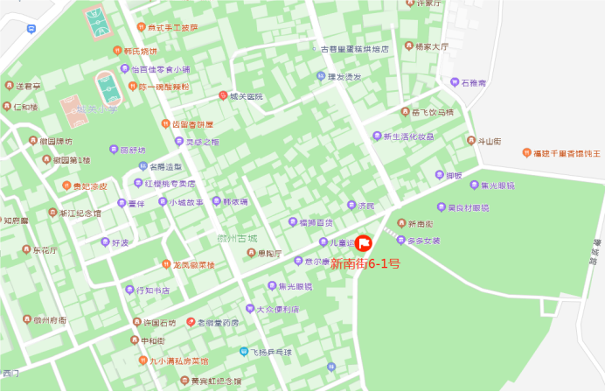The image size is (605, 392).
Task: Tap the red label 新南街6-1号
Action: point(365,262)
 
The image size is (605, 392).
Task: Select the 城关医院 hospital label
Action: point(246,96)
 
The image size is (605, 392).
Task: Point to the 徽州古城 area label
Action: point(238,238)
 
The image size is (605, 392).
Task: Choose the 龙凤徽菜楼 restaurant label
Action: point(193,263)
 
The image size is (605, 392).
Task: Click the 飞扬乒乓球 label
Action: point(269,352)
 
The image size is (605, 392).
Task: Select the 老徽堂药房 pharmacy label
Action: point(217,323)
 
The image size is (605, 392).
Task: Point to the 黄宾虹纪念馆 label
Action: point(216,381)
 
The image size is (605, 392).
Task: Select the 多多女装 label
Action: point(423,240)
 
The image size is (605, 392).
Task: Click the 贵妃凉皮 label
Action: point(89,186)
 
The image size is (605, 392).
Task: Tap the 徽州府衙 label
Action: point(49,321)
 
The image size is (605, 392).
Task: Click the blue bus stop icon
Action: point(31,29)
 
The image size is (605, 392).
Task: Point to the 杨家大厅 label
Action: point(431,46)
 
